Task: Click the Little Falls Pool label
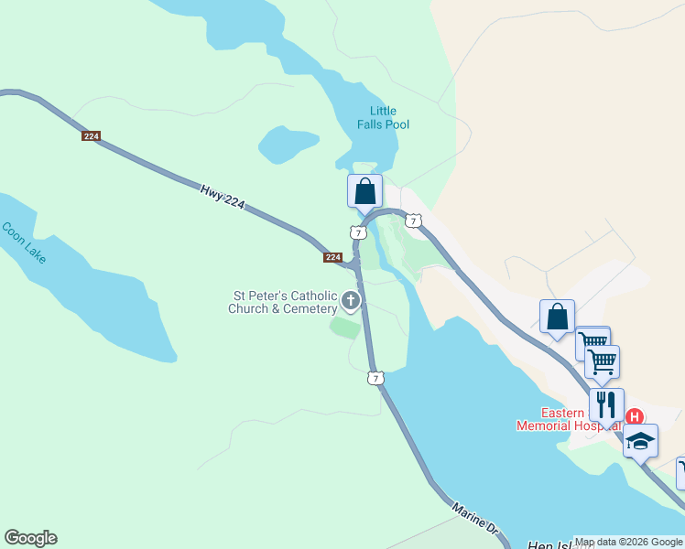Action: point(383,118)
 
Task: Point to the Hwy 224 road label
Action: point(223,196)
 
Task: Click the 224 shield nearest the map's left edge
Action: point(91,136)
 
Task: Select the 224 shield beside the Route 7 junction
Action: point(333,257)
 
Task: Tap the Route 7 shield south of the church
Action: point(375,378)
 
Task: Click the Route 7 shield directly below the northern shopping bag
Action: point(358,233)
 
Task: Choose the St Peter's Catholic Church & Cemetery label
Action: point(285,302)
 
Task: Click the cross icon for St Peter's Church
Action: point(351,300)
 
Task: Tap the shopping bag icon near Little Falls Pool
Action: point(364,191)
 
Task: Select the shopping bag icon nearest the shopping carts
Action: point(557,317)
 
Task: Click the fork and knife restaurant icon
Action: point(606,404)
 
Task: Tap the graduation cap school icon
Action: point(640,440)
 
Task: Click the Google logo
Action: point(30,538)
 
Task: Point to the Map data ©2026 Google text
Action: point(628,542)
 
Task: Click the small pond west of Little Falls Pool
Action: point(288,144)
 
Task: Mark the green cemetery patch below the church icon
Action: point(345,328)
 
